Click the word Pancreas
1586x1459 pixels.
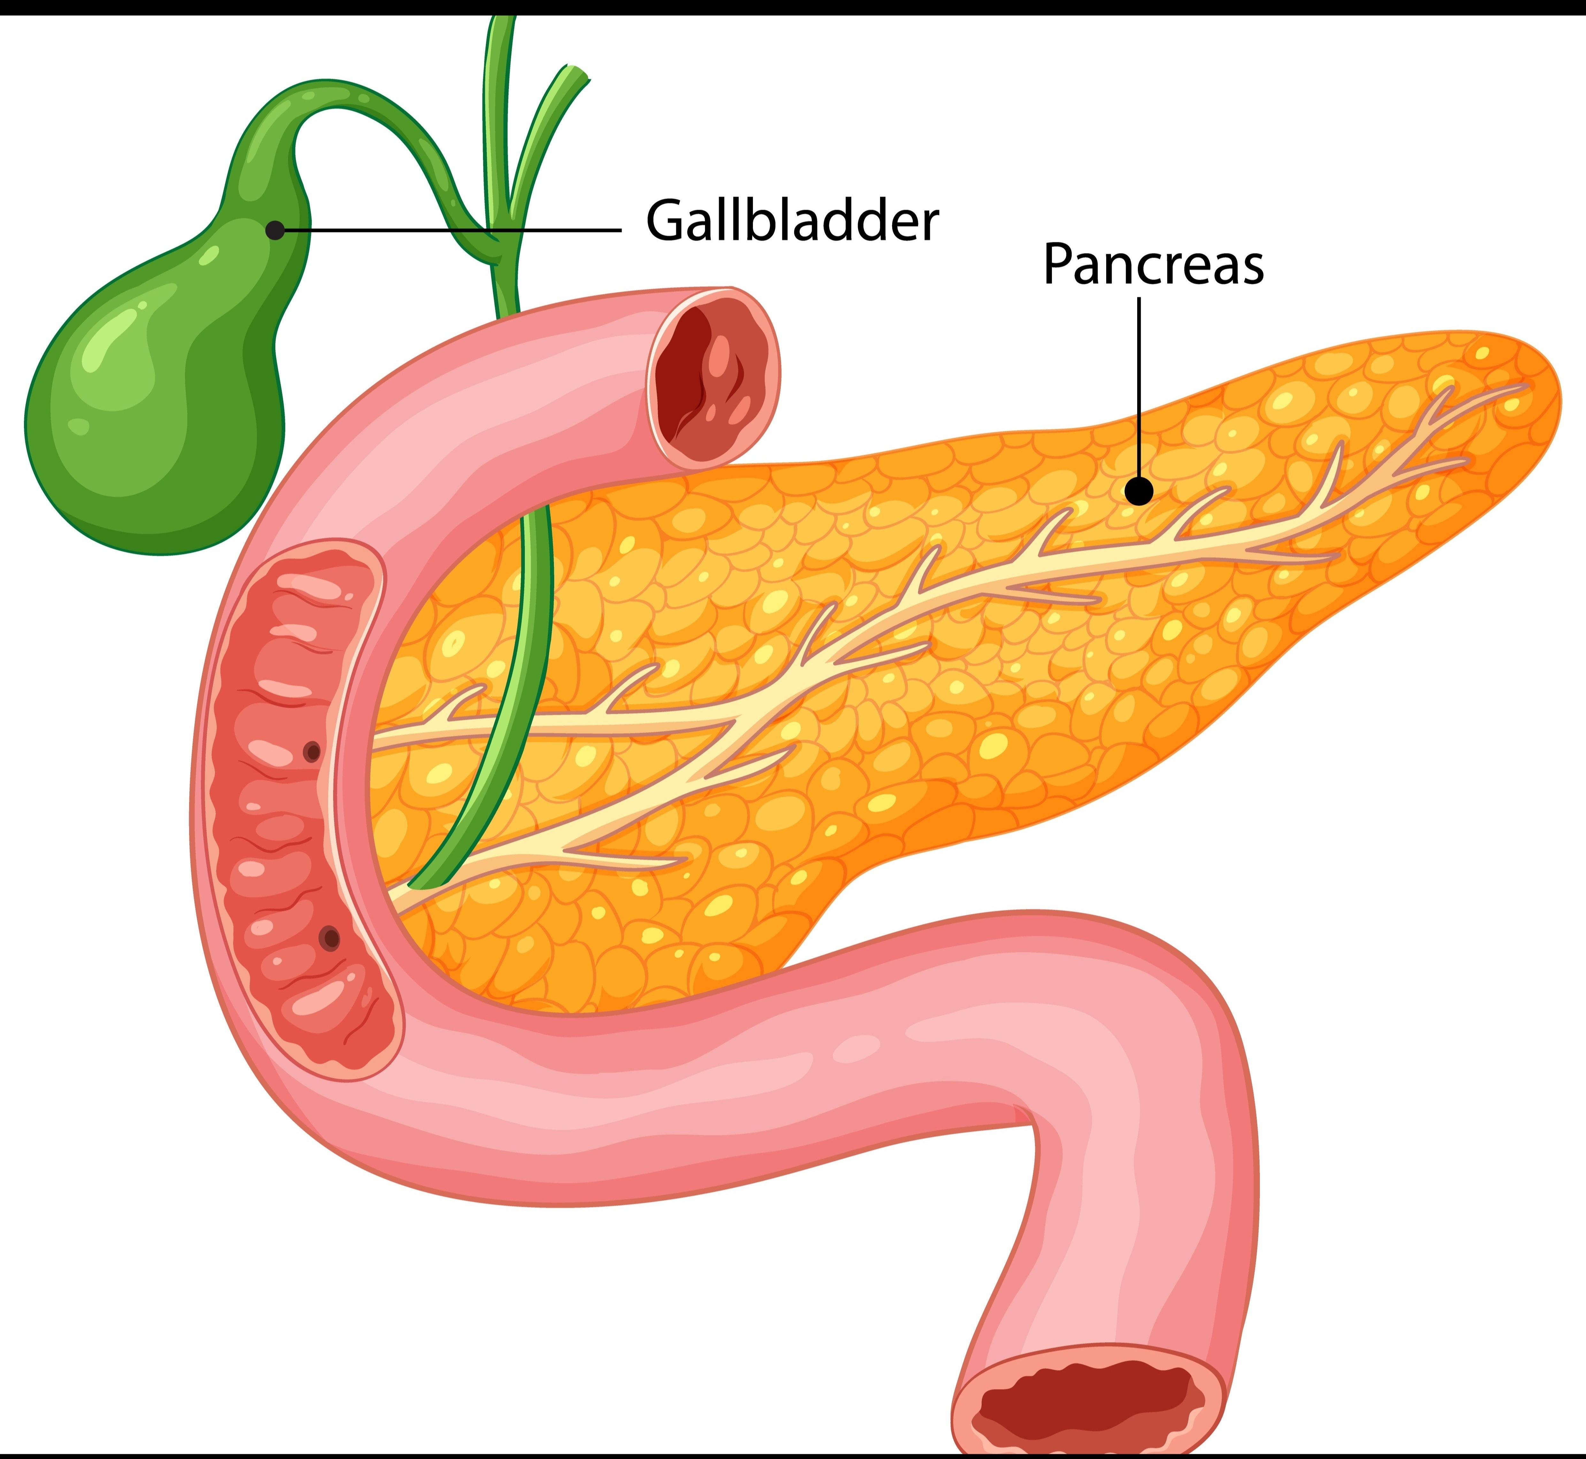click(1153, 265)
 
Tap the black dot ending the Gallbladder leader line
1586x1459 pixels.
click(275, 231)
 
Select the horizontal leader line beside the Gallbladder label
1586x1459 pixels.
click(452, 231)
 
